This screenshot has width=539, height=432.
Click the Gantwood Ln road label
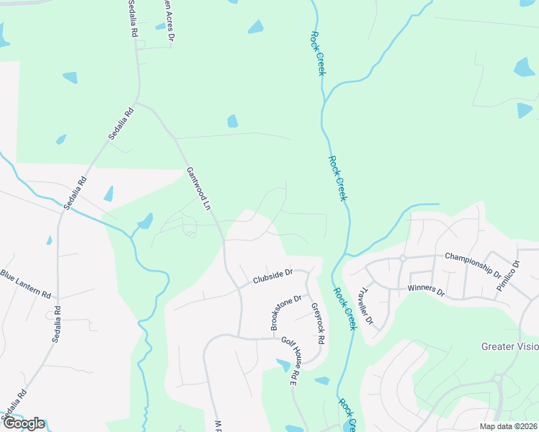point(198,189)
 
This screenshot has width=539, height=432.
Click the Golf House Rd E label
point(290,361)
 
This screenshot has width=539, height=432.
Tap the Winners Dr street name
point(427,289)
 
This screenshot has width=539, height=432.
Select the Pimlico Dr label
point(508,276)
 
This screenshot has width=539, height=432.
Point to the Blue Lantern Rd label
point(26,284)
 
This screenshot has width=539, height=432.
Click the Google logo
point(23,423)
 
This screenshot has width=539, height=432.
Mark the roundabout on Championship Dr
point(404,258)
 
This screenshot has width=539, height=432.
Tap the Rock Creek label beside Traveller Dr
point(344,308)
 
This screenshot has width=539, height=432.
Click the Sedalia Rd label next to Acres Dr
point(133,19)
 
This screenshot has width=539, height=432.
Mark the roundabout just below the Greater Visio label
point(497,378)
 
